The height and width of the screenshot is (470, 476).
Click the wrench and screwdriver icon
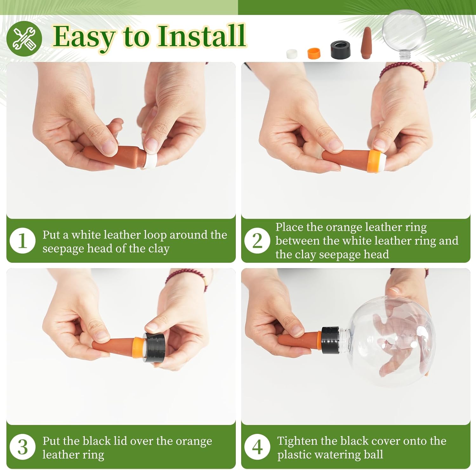[24, 38]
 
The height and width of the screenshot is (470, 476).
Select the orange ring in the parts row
[314, 53]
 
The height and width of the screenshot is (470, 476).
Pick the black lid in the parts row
[340, 49]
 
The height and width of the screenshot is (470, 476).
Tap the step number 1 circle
[23, 241]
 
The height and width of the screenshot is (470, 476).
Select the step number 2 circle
[257, 241]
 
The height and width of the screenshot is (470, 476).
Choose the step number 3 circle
[23, 447]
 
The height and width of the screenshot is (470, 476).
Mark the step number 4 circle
[257, 447]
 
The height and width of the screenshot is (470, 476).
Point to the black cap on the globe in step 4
[330, 340]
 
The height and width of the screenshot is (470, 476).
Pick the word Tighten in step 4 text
[297, 441]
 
